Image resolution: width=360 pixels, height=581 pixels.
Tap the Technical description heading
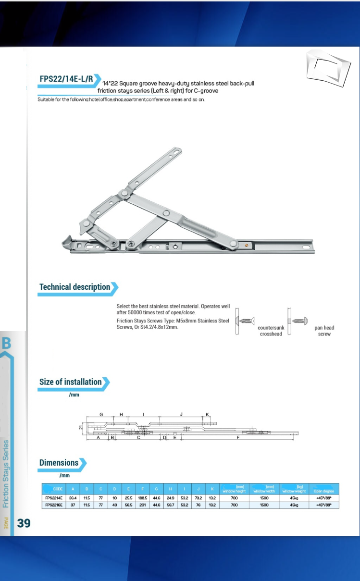click(x=74, y=287)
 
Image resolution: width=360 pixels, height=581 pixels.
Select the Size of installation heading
click(x=71, y=382)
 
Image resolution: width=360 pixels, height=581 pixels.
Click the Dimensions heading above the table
click(x=59, y=463)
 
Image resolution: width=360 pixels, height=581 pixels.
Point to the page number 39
click(x=24, y=523)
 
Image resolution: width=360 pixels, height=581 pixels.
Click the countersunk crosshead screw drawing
click(x=246, y=321)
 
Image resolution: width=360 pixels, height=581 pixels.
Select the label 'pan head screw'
click(x=324, y=331)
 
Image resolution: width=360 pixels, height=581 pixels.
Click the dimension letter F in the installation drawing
click(x=238, y=438)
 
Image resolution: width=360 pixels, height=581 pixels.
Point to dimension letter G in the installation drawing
click(x=101, y=414)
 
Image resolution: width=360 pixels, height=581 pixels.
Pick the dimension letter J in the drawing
click(x=181, y=414)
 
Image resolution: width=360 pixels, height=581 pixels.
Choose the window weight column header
click(x=294, y=489)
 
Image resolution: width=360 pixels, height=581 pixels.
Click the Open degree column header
click(x=324, y=489)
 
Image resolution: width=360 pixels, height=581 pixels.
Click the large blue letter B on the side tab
click(x=7, y=343)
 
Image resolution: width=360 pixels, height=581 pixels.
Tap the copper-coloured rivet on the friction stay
click(x=247, y=245)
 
